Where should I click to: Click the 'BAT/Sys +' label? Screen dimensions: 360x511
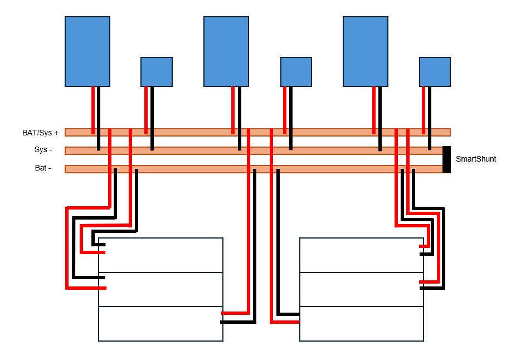point(40,133)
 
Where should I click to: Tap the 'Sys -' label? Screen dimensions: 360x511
point(42,150)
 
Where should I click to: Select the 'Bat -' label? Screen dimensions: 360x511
point(42,168)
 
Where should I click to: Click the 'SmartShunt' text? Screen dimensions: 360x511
point(476,159)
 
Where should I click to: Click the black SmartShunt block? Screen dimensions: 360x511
point(446,159)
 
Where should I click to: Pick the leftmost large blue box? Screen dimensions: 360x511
point(87,51)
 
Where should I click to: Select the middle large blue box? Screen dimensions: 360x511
point(226,51)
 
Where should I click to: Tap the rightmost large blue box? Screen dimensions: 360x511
point(366,51)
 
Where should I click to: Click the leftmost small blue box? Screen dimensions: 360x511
point(157,71)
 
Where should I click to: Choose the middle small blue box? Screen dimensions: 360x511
point(296,71)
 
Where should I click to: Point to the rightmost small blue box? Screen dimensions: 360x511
point(435,71)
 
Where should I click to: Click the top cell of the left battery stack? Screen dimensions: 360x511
point(161,255)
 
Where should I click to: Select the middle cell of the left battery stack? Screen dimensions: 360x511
point(161,289)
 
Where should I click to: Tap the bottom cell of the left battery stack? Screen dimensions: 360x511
point(161,323)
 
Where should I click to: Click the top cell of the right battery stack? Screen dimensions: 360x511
point(362,255)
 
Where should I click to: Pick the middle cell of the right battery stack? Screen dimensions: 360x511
point(362,289)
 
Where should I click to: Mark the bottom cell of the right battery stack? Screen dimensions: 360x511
point(362,323)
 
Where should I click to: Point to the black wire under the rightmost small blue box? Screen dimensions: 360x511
point(430,117)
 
